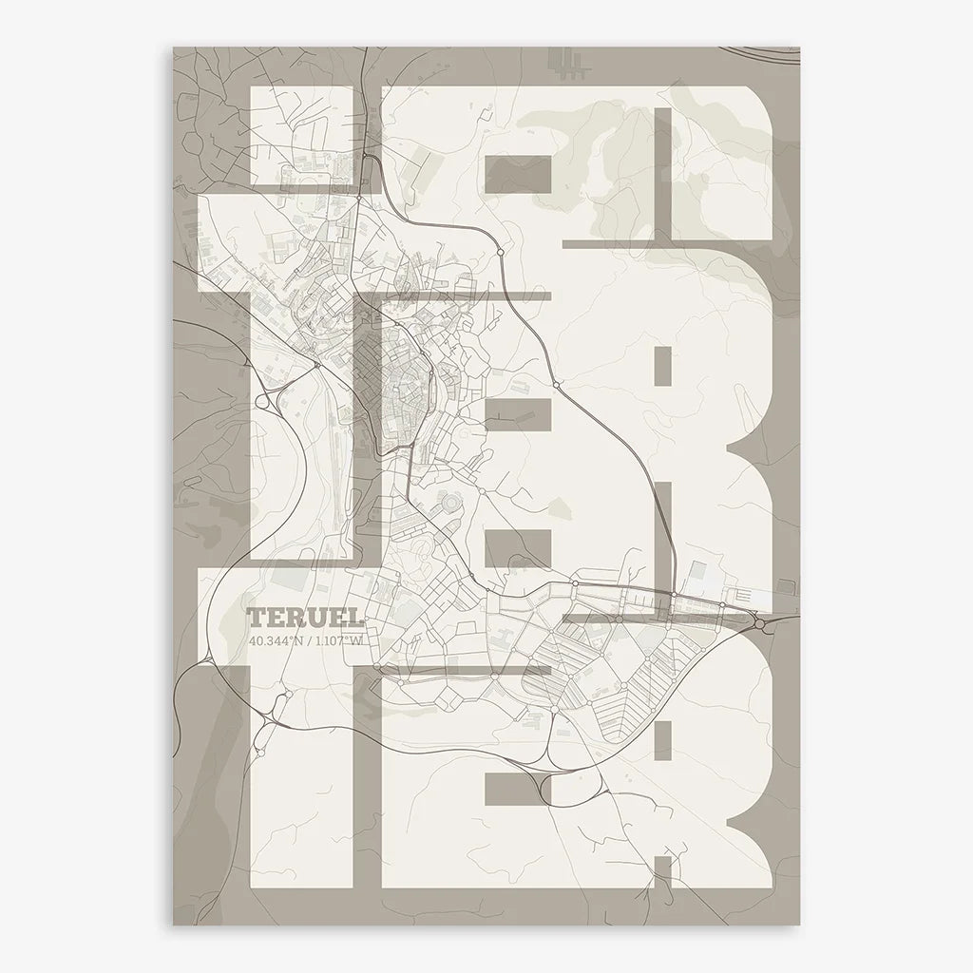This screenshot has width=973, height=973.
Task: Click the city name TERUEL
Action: (305, 620)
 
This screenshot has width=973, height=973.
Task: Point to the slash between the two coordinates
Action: (308, 641)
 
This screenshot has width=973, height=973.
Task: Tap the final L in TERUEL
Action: (354, 620)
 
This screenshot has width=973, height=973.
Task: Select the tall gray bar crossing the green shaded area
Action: (661, 183)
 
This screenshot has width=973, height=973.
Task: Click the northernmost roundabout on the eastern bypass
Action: (500, 253)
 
